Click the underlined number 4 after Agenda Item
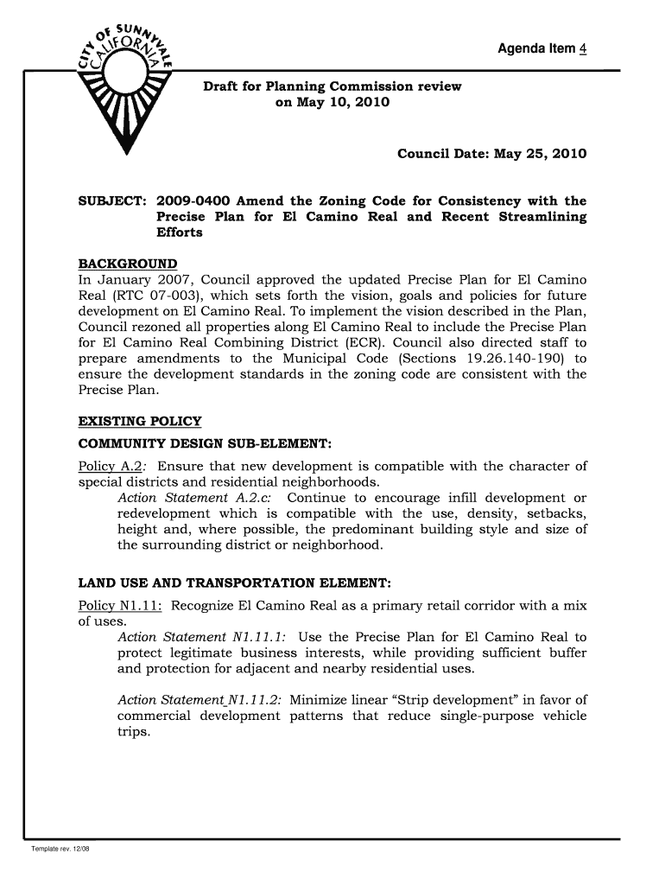coord(583,48)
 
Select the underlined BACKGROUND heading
coord(128,263)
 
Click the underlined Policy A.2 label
coord(101,467)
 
